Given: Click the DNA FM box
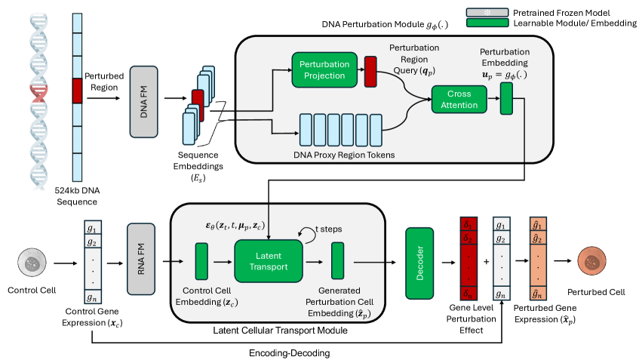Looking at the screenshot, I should (145, 101).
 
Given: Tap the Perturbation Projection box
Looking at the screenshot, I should (322, 69).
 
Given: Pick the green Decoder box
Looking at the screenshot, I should (419, 261).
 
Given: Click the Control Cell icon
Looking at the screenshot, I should (32, 264).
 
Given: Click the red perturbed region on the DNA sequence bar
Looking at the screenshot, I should (76, 91).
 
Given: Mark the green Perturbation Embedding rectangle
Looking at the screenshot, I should (505, 100).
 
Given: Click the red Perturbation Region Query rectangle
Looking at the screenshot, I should (370, 69).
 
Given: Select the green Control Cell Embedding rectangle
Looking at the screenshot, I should (201, 262).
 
